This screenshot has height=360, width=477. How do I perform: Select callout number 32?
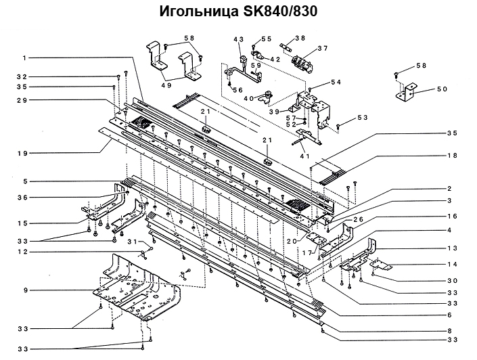22,76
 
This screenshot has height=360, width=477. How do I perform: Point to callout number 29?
22,101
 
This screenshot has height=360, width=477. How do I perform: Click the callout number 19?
22,154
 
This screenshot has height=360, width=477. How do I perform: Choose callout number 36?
22,198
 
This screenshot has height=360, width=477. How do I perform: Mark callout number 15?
22,223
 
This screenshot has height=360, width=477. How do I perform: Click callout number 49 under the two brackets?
166,85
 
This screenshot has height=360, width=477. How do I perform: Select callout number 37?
323,48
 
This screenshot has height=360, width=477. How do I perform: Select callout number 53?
363,118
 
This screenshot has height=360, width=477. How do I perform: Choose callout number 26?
358,219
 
